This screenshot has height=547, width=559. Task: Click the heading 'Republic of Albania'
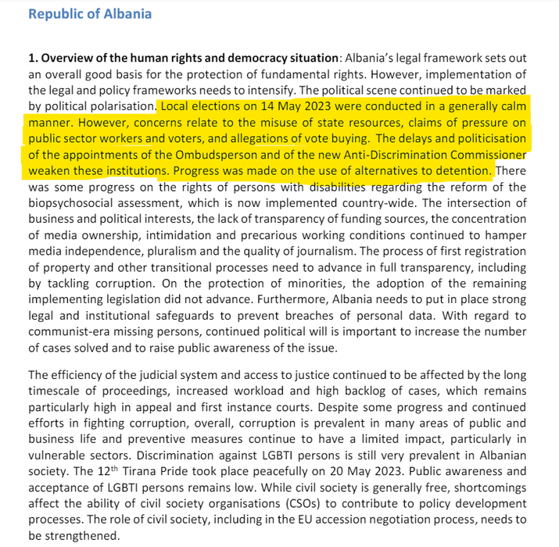pos(90,14)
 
